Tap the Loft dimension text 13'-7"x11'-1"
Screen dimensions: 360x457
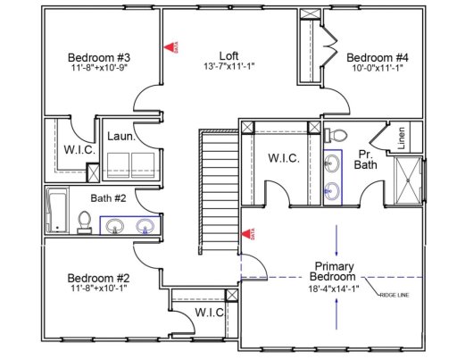pos(228,66)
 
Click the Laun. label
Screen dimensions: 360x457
pos(122,138)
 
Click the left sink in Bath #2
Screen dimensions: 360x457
pos(115,226)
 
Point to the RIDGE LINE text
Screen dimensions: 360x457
pos(394,293)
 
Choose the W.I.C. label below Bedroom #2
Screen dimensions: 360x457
pos(209,313)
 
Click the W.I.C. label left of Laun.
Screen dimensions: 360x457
pos(79,149)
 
